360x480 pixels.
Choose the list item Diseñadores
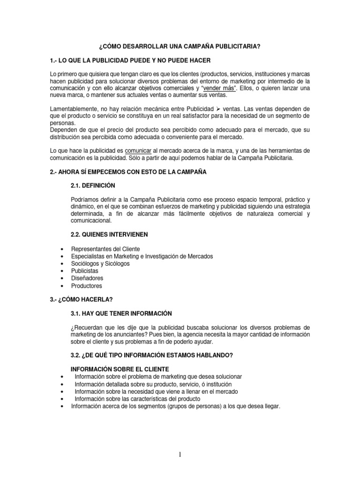click(87, 278)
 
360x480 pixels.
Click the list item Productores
click(86, 286)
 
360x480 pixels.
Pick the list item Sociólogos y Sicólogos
click(100, 263)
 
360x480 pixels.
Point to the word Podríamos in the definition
click(85, 200)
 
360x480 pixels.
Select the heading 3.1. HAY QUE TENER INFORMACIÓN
click(121, 313)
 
